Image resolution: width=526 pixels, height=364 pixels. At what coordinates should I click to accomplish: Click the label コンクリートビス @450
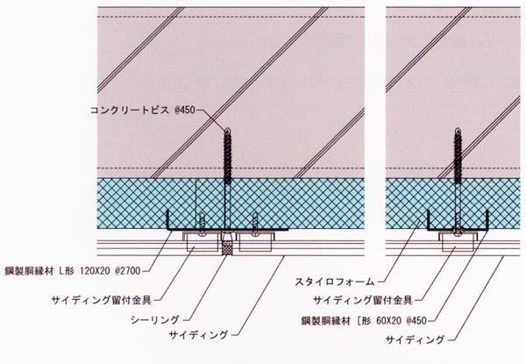[143, 110]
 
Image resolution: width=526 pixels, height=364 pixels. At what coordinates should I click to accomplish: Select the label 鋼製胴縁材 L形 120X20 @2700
[73, 271]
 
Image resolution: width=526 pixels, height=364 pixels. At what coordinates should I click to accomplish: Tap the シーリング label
[154, 320]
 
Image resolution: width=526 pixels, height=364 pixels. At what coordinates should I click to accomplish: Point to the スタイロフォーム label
[335, 282]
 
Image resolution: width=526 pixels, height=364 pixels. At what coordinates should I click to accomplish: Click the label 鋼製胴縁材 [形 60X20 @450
[364, 321]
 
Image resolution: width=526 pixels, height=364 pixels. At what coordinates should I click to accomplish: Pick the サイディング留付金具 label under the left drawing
[102, 300]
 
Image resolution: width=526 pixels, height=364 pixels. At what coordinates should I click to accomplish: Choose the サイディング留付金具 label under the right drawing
[363, 300]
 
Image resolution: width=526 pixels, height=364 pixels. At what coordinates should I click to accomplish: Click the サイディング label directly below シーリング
[199, 334]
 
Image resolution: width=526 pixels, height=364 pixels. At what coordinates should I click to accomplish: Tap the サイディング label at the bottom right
[415, 339]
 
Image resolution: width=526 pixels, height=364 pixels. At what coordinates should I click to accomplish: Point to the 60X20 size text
[388, 321]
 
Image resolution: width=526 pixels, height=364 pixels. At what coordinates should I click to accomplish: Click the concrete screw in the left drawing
[227, 178]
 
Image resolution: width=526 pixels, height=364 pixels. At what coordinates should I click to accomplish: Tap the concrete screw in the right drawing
[458, 178]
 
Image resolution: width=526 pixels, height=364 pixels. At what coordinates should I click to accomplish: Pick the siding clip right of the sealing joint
[255, 241]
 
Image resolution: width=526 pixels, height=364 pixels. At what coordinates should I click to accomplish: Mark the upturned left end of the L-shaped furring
[167, 220]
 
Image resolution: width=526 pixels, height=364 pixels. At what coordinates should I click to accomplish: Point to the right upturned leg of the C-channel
[487, 220]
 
